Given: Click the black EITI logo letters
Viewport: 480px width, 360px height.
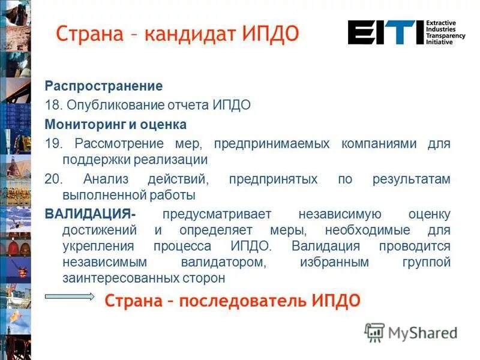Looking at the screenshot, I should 384,32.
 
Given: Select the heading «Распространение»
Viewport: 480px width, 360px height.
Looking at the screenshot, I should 104,86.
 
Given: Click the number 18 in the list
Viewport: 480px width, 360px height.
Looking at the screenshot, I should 53,105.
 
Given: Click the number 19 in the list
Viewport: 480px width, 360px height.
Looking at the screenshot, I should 53,144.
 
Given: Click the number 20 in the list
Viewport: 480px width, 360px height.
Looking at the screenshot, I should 53,179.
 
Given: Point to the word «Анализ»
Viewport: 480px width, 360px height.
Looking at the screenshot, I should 104,179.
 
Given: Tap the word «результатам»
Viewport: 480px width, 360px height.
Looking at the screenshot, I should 411,179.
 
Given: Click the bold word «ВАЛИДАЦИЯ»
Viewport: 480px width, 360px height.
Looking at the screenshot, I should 89,214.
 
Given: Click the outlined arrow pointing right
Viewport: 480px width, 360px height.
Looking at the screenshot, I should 69,297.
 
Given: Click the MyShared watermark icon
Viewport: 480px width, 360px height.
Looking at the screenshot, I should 375,332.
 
